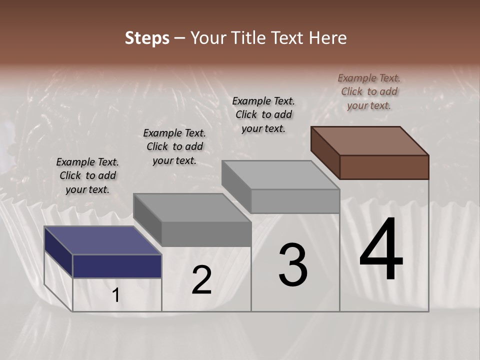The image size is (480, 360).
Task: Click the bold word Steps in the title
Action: point(146,38)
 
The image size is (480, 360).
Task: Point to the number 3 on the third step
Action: point(293,264)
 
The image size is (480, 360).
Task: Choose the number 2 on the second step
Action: point(201,280)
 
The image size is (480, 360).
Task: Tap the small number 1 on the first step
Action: point(116,295)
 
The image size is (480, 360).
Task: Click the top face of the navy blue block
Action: point(102,240)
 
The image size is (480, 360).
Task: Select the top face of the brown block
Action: point(370,140)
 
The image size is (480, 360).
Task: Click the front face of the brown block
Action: point(384,167)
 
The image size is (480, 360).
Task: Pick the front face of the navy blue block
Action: point(117,266)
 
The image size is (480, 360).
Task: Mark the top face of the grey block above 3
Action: point(280,175)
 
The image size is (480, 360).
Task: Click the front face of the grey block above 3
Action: point(295,201)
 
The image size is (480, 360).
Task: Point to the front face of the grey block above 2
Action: point(206,234)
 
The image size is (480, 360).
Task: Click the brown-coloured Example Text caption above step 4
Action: point(369,91)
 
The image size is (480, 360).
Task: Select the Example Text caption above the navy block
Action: point(88,175)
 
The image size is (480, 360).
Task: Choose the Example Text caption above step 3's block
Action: point(263,114)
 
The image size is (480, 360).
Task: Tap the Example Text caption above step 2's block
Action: point(174,146)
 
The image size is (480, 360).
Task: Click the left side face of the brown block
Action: point(325,152)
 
